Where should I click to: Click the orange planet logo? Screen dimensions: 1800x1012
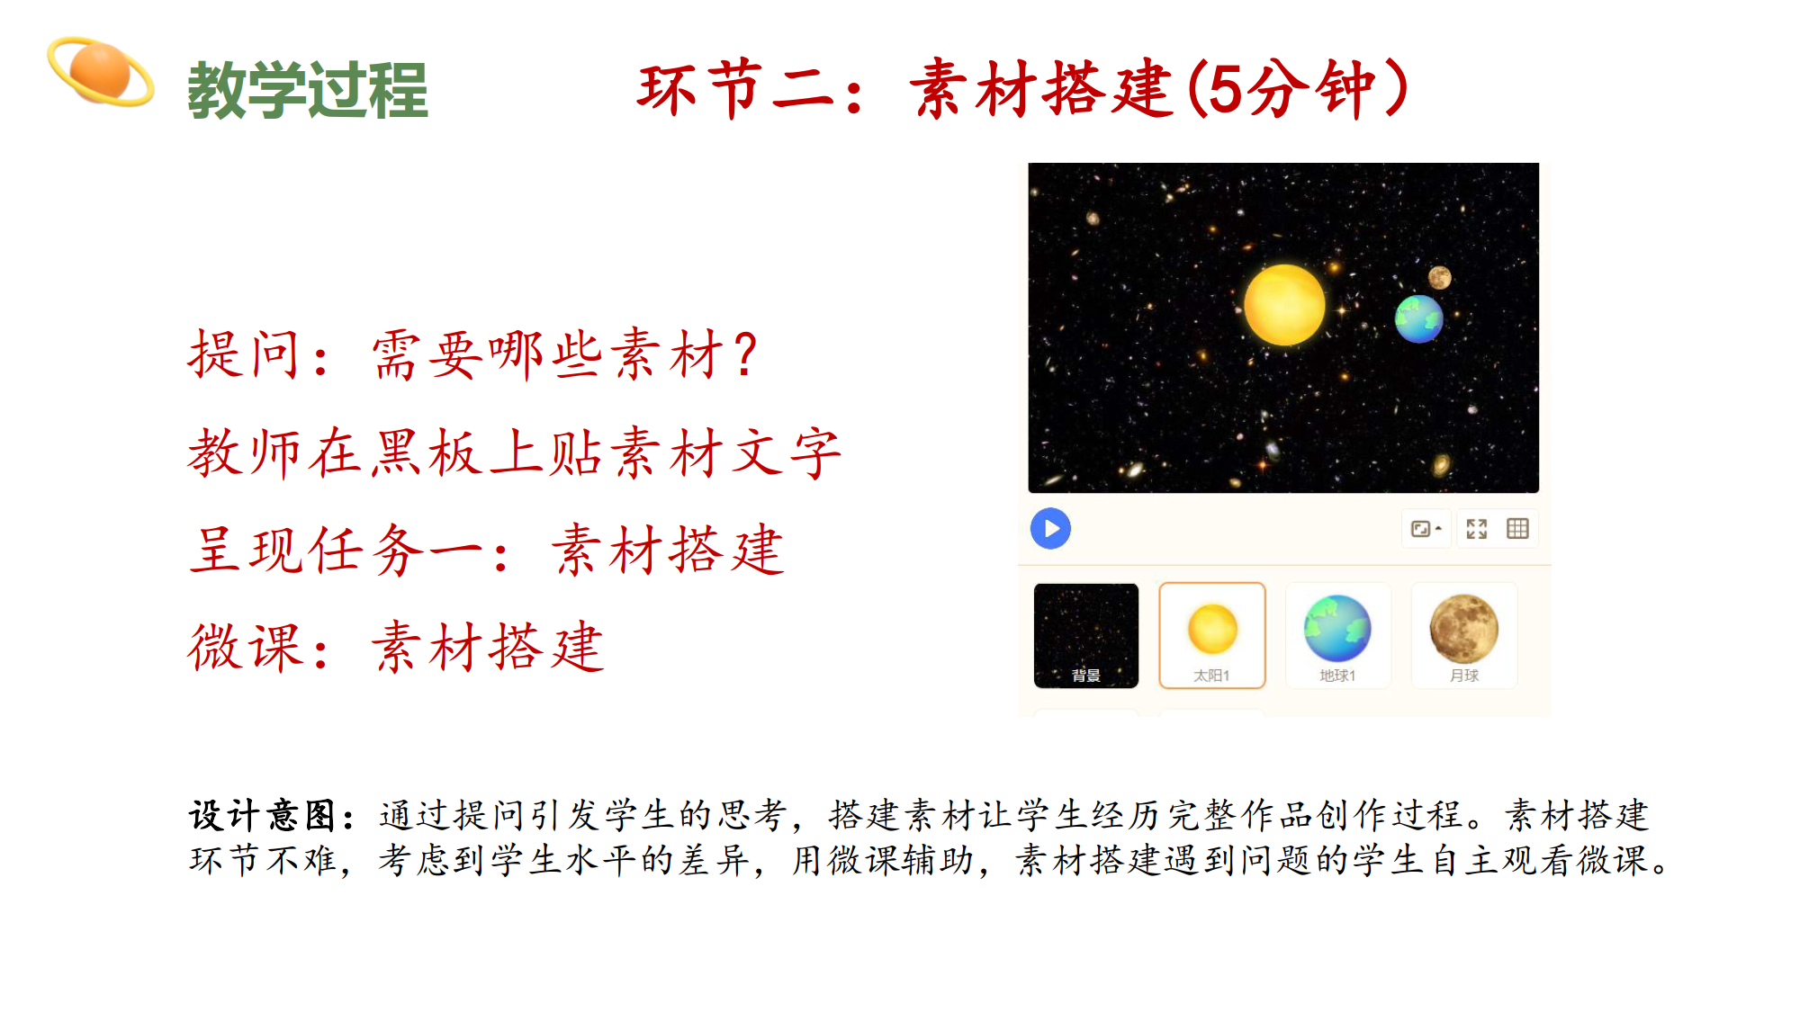pyautogui.click(x=100, y=71)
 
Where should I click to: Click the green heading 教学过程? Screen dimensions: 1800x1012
pyautogui.click(x=308, y=90)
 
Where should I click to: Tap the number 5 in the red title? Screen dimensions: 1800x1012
pyautogui.click(x=1224, y=89)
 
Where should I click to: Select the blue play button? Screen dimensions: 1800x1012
pyautogui.click(x=1050, y=529)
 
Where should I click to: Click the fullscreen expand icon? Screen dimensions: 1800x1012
pyautogui.click(x=1477, y=529)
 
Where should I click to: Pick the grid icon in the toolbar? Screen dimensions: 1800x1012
pyautogui.click(x=1517, y=529)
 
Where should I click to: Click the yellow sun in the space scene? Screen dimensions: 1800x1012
pyautogui.click(x=1284, y=305)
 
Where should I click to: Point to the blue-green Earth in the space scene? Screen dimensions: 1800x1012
pyautogui.click(x=1419, y=318)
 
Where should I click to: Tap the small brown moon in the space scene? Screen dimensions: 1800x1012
pyautogui.click(x=1440, y=277)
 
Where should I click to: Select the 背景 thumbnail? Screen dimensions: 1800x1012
pyautogui.click(x=1086, y=636)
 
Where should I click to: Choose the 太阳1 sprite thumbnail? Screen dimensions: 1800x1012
pyautogui.click(x=1212, y=636)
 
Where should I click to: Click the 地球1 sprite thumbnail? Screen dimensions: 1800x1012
pyautogui.click(x=1338, y=636)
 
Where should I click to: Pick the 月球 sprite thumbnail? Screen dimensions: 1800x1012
pyautogui.click(x=1464, y=636)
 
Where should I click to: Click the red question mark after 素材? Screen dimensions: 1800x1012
pyautogui.click(x=745, y=354)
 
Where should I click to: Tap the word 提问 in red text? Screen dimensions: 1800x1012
pyautogui.click(x=244, y=354)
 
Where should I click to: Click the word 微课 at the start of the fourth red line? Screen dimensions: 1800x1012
pyautogui.click(x=244, y=647)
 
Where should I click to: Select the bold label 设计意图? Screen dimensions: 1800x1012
pyautogui.click(x=262, y=816)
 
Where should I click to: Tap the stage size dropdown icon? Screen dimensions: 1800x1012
pyautogui.click(x=1426, y=529)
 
